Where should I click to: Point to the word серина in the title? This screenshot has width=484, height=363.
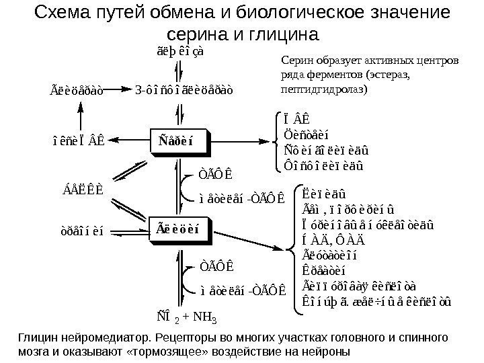tap(196, 34)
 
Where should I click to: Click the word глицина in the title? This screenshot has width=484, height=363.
tap(286, 34)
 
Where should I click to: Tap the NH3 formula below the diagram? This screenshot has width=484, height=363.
tap(214, 317)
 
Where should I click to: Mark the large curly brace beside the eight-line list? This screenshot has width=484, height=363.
tap(290, 250)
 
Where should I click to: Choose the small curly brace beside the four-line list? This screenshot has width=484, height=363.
tap(275, 141)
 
